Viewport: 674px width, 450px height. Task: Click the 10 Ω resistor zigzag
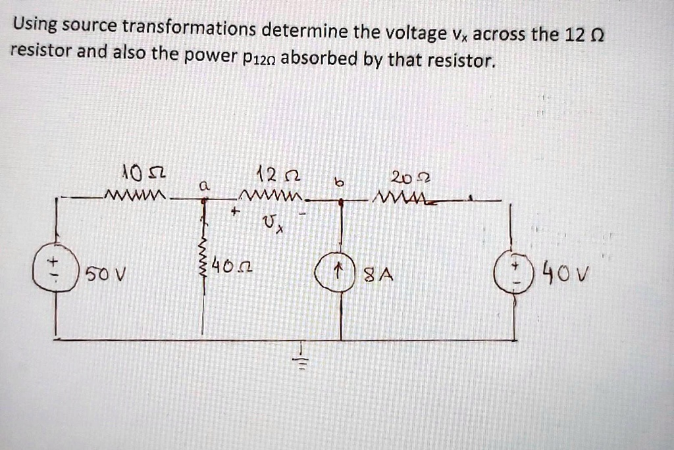coord(135,195)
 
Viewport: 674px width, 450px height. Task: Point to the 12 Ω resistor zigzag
coord(271,196)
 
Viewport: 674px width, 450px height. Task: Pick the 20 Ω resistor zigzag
coord(406,198)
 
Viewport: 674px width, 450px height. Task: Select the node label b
coord(340,183)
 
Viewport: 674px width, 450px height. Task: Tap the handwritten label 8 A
coord(378,274)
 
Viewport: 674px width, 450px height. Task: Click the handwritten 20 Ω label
coord(411,177)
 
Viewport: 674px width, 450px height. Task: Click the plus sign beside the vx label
coord(235,211)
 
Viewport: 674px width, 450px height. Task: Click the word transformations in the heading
coord(190,28)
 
